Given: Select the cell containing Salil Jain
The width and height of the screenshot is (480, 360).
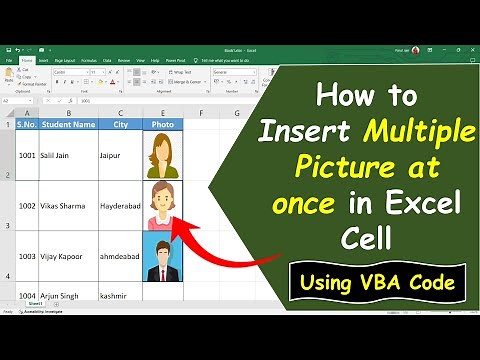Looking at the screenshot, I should (x=60, y=158).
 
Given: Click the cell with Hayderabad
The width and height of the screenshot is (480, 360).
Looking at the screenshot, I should (x=119, y=205).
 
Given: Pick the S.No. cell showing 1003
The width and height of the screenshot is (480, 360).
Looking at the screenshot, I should (x=27, y=257).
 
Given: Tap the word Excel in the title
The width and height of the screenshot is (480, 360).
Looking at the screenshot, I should (x=426, y=205).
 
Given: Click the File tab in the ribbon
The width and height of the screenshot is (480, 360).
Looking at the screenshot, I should (x=9, y=60).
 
